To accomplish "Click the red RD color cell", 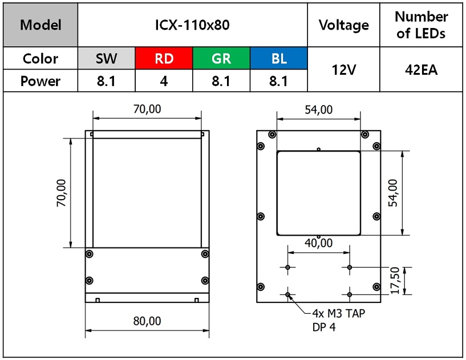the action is tap(164, 58).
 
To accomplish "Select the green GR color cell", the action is tap(221, 58).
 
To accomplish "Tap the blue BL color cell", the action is tap(279, 58).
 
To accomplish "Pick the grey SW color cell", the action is tap(107, 58).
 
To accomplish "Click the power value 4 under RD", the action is tap(164, 81).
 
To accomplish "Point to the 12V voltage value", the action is tap(343, 70).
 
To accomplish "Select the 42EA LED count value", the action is tap(421, 70).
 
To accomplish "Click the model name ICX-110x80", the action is tap(192, 25).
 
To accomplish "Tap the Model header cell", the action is tap(40, 25).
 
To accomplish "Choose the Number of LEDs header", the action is tap(421, 25).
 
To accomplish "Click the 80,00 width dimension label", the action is tap(147, 321).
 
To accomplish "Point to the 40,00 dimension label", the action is tap(319, 243).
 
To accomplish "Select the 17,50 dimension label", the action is tap(395, 281).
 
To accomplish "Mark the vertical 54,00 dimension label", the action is tap(393, 193).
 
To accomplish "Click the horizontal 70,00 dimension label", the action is tap(147, 109).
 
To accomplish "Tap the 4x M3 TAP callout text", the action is tap(338, 313).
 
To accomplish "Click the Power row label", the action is tap(40, 81).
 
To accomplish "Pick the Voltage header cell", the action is tap(343, 25).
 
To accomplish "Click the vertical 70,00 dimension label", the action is tap(61, 193).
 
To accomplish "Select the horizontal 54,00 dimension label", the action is tap(319, 110).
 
